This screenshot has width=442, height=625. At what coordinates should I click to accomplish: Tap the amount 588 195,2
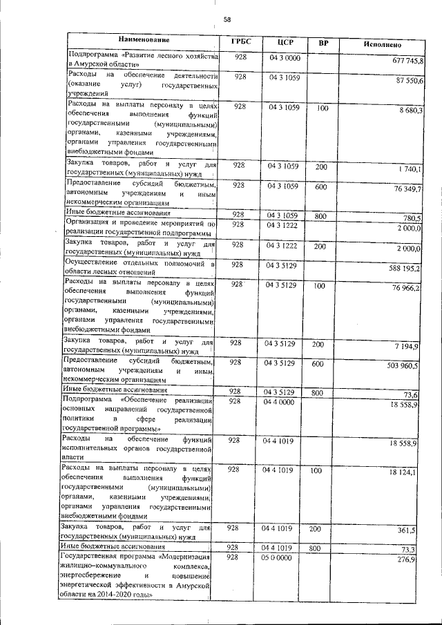click(405, 268)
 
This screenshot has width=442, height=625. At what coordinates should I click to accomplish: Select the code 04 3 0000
click(285, 57)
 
